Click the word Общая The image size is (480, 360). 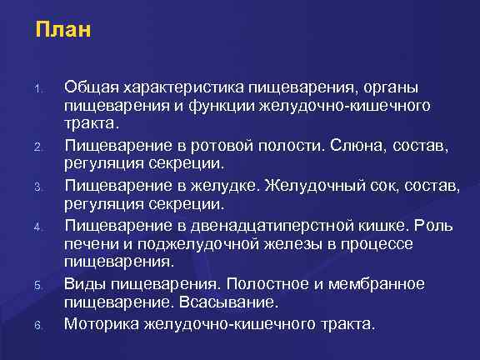tap(91, 87)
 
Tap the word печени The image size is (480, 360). tap(91, 245)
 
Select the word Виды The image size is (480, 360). tap(86, 285)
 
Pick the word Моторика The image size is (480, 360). tap(101, 325)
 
